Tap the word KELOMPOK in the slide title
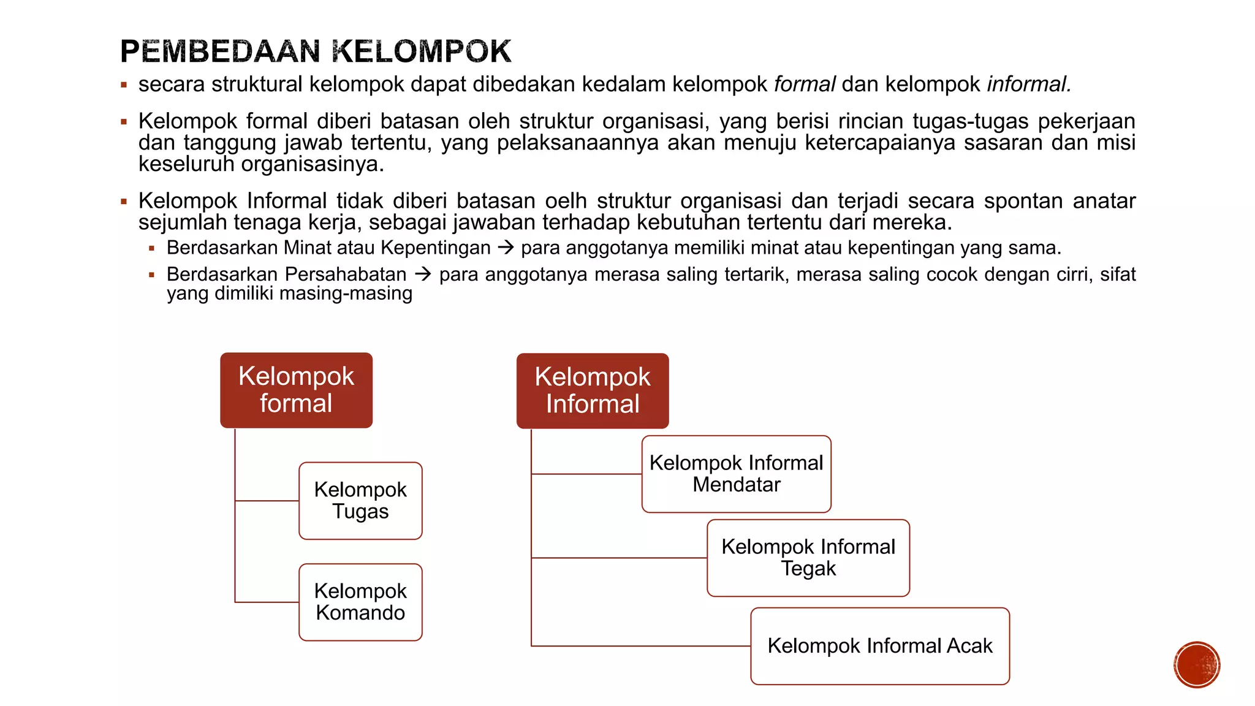click(423, 51)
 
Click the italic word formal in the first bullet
click(805, 85)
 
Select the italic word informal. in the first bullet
click(1029, 85)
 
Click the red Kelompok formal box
click(296, 390)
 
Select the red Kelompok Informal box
click(593, 390)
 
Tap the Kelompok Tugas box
click(360, 501)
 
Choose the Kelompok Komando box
click(360, 602)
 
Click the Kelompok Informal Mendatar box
click(736, 474)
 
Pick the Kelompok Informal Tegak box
click(808, 558)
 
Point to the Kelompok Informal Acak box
click(880, 646)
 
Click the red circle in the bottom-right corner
click(1197, 665)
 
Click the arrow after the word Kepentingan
click(506, 248)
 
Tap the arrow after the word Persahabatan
click(423, 274)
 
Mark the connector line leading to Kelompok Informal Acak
click(640, 646)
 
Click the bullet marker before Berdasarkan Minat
click(151, 249)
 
